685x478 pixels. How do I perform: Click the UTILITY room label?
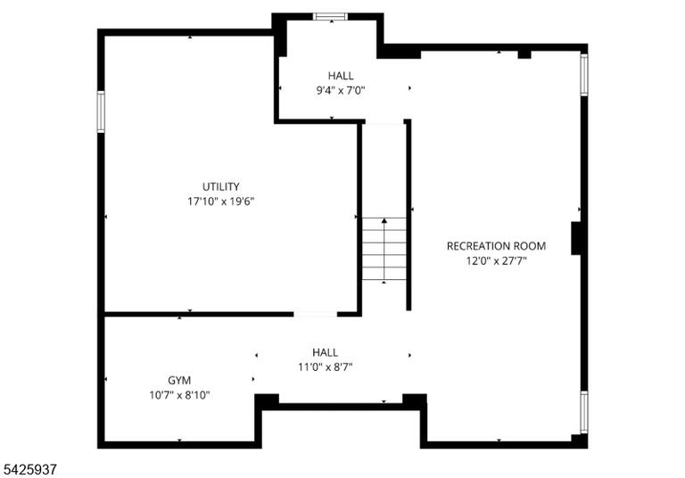pos(220,187)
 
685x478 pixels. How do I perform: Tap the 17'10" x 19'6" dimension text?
pos(220,202)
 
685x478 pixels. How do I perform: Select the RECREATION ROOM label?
pos(496,246)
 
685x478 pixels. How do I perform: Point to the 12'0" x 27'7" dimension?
pos(496,260)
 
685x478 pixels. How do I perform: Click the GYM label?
pos(179,380)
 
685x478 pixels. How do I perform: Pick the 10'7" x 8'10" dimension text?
pos(179,395)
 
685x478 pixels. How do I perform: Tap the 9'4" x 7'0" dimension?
pos(341,90)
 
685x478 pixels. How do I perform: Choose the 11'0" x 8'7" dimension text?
pos(325,367)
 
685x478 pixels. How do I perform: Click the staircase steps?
pos(384,248)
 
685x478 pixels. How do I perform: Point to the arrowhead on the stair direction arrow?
pos(384,220)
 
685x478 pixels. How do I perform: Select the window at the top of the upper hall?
pos(331,17)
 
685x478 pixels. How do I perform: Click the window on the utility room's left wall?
pos(101,111)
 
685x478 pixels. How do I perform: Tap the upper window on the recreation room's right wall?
pos(583,74)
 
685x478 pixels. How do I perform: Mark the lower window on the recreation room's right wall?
pos(583,413)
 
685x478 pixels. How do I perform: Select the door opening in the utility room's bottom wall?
pos(315,314)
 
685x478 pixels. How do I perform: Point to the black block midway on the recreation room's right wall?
pos(576,238)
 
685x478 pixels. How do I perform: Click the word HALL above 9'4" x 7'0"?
pos(341,76)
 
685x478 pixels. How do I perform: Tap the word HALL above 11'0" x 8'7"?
pos(325,352)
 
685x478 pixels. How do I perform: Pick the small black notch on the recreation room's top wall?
pos(524,54)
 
